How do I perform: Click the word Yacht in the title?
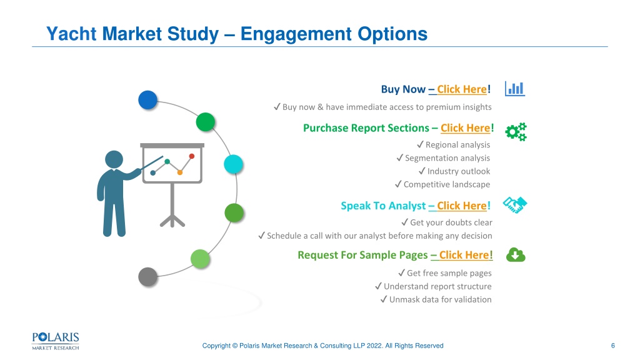pyautogui.click(x=71, y=34)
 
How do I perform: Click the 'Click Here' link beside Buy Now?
pyautogui.click(x=462, y=89)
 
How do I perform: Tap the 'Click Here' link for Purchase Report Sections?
pyautogui.click(x=465, y=128)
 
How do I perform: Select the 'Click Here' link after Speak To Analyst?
pyautogui.click(x=462, y=206)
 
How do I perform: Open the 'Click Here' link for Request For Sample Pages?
pyautogui.click(x=464, y=255)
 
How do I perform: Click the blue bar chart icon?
pyautogui.click(x=515, y=89)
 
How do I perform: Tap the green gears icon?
pyautogui.click(x=516, y=132)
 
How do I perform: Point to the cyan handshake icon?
pyautogui.click(x=515, y=205)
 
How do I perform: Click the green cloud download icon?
pyautogui.click(x=516, y=255)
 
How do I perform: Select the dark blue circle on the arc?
pyautogui.click(x=147, y=100)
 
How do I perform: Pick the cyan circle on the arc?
pyautogui.click(x=234, y=164)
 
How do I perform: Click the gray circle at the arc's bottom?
pyautogui.click(x=147, y=277)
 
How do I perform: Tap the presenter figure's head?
pyautogui.click(x=114, y=159)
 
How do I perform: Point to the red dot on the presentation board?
pyautogui.click(x=192, y=156)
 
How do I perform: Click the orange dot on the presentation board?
pyautogui.click(x=179, y=172)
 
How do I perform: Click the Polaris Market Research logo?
pyautogui.click(x=56, y=341)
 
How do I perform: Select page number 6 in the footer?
pyautogui.click(x=612, y=346)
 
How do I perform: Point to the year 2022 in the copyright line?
pyautogui.click(x=375, y=346)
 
